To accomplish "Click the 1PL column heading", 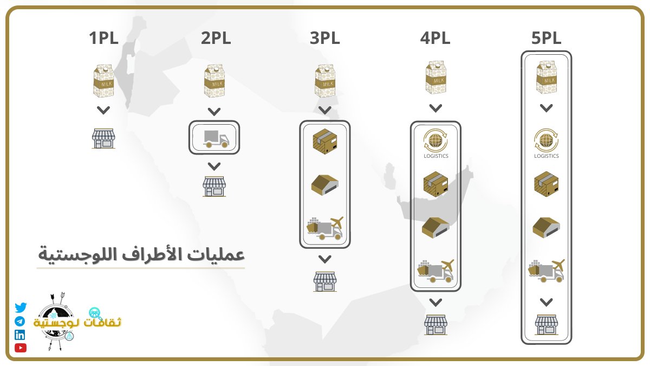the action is [103, 39].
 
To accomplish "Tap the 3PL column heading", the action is [325, 39].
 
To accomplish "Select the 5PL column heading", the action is [546, 39].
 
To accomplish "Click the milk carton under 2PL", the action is [214, 82].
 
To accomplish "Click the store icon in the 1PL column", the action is [103, 138].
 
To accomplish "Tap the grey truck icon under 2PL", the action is [214, 138].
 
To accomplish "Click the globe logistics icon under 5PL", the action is [546, 142].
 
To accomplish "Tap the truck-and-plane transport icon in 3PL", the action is [325, 228].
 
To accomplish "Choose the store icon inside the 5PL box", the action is [546, 324].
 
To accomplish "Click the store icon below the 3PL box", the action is [325, 280].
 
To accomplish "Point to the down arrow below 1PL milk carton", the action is [103, 111].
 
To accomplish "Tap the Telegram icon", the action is [20, 322].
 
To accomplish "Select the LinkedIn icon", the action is [20, 335].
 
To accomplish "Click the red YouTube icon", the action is [21, 348].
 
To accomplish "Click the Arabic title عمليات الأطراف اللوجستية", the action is [141, 254].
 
